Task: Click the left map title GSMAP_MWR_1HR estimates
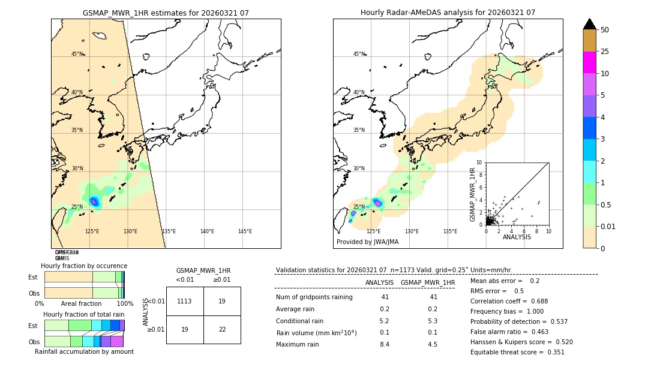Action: click(x=166, y=13)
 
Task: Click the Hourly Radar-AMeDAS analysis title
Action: click(x=448, y=13)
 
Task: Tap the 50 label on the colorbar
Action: click(x=605, y=30)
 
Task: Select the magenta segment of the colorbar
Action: click(x=589, y=62)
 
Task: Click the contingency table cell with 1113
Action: click(x=185, y=301)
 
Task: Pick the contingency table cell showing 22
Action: click(x=222, y=329)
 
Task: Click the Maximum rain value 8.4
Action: click(x=384, y=344)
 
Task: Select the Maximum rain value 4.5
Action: click(x=432, y=344)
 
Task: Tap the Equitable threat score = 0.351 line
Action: click(x=517, y=352)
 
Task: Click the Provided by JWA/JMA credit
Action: click(x=367, y=242)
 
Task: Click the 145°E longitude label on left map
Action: click(x=245, y=231)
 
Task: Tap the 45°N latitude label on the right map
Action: click(x=359, y=54)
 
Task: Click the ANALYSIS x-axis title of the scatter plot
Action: click(x=517, y=237)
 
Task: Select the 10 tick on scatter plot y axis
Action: click(x=479, y=163)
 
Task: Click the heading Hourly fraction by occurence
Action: click(x=84, y=266)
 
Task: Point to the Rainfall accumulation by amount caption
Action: click(x=84, y=351)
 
